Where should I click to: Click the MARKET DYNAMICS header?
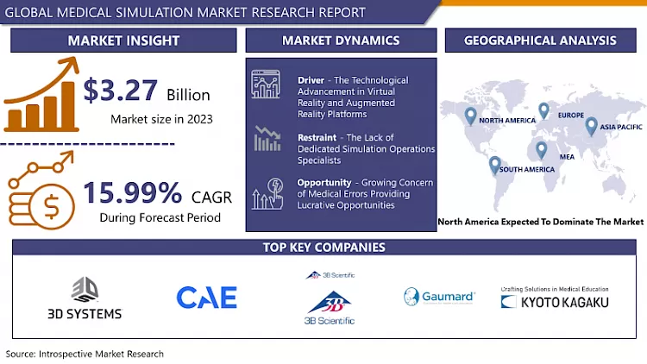[x=341, y=41]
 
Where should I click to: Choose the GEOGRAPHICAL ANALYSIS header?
[x=540, y=41]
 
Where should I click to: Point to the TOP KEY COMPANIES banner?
[x=323, y=248]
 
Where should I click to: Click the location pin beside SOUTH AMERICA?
[x=494, y=164]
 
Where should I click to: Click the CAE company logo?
[x=207, y=298]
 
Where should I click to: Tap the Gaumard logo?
[x=439, y=297]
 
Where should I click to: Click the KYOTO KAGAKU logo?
[x=555, y=302]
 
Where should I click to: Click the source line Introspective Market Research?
[x=85, y=354]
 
